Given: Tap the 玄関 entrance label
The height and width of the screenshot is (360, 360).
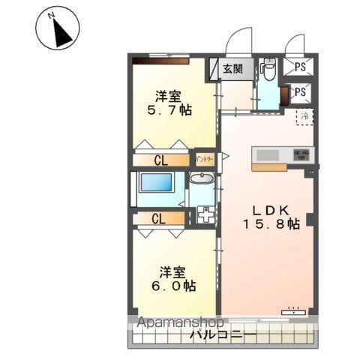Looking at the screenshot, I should [x=232, y=69].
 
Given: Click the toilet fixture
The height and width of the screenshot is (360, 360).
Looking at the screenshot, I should [x=268, y=70].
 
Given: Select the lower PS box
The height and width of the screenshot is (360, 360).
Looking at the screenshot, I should [x=300, y=92].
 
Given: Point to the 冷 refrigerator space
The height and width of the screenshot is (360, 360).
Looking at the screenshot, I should [x=304, y=117].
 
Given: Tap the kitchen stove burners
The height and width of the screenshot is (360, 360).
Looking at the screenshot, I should [x=301, y=154].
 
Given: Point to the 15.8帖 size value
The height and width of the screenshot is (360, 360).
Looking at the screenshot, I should [x=271, y=223].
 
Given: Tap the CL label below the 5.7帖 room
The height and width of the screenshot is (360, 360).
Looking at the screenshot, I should [x=160, y=159].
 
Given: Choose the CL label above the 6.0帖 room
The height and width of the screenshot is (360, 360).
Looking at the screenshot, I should [x=157, y=219].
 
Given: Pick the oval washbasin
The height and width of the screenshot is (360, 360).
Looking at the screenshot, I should [x=200, y=178].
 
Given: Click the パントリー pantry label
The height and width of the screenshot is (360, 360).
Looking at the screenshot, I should [x=205, y=159].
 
